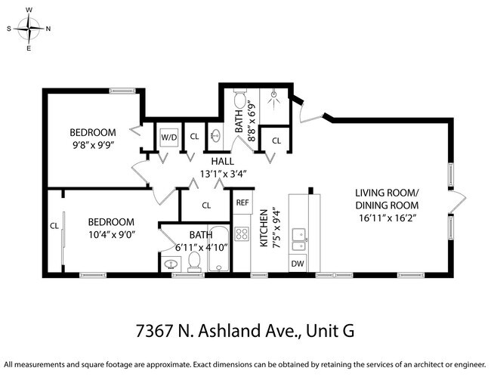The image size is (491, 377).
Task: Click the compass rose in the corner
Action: point(29,29)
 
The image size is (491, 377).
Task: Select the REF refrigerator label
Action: point(242,202)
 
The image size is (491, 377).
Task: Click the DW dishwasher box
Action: point(298,264)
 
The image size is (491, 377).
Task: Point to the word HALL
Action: point(222,161)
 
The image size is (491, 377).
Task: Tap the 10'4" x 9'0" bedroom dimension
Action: point(110,234)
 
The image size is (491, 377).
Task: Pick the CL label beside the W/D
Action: point(194,137)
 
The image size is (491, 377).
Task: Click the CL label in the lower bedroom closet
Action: point(54,225)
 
